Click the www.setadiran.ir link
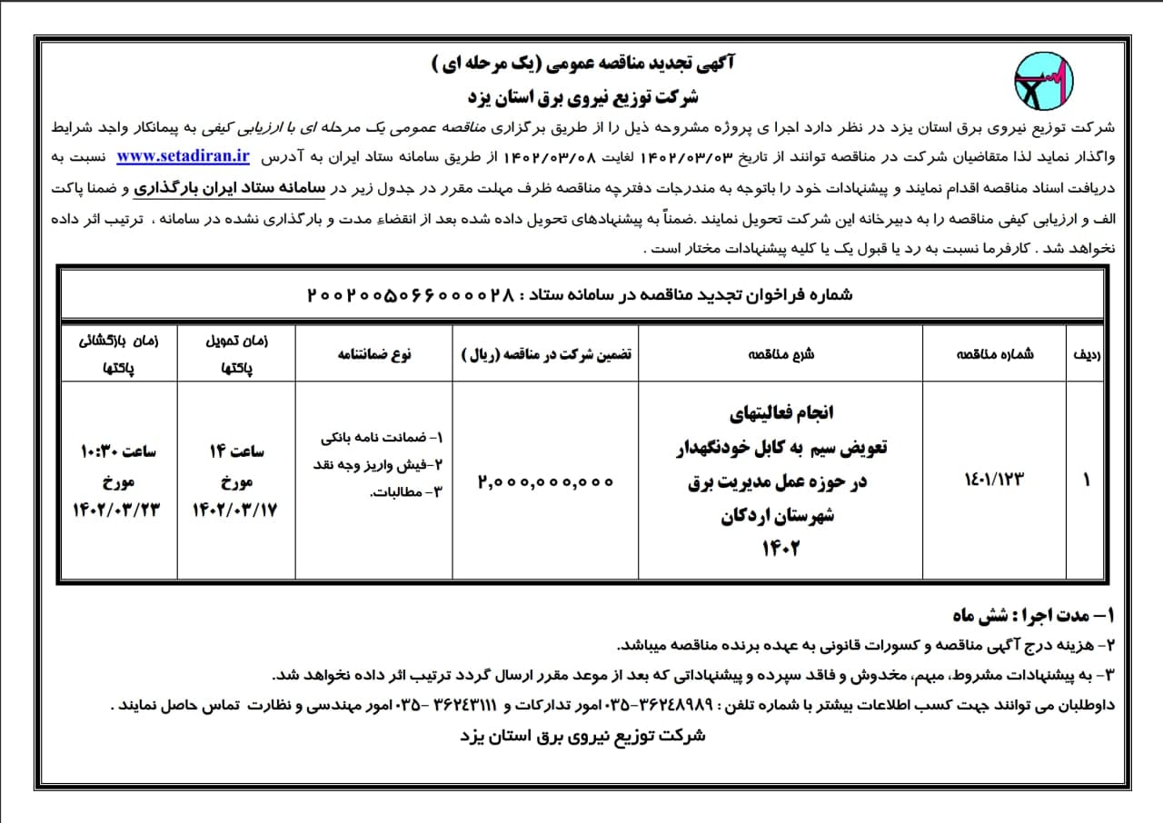pyautogui.click(x=183, y=155)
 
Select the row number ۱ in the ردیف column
pyautogui.click(x=1087, y=481)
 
